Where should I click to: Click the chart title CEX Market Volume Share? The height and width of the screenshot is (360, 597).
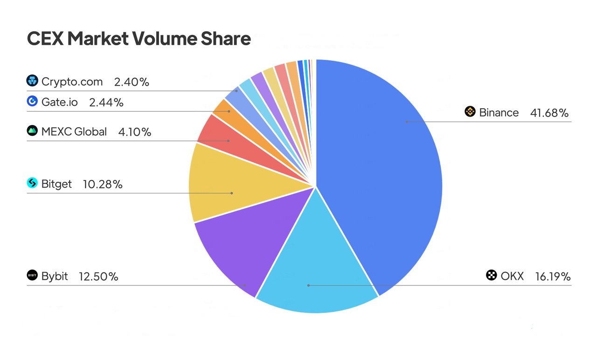[139, 39]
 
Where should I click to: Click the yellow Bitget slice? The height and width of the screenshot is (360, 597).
[233, 187]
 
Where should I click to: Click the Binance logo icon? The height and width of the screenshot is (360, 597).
[470, 112]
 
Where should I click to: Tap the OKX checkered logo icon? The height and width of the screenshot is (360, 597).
[492, 275]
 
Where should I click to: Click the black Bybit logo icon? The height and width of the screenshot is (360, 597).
[32, 275]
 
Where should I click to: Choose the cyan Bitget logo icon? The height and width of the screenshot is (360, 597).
[32, 183]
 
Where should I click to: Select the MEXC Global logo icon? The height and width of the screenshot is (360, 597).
[32, 131]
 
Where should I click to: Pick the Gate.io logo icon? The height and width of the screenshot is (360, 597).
[32, 101]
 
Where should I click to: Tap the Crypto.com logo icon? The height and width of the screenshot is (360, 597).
[32, 81]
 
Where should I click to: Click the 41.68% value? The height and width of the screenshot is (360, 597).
[549, 113]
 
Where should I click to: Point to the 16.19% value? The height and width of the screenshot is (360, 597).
[553, 277]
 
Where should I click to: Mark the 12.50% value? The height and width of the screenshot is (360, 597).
[98, 277]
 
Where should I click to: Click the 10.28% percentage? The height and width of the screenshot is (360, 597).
[103, 185]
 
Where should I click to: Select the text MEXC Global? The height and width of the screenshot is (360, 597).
[74, 132]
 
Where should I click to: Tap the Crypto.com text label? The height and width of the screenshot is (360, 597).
[72, 82]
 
